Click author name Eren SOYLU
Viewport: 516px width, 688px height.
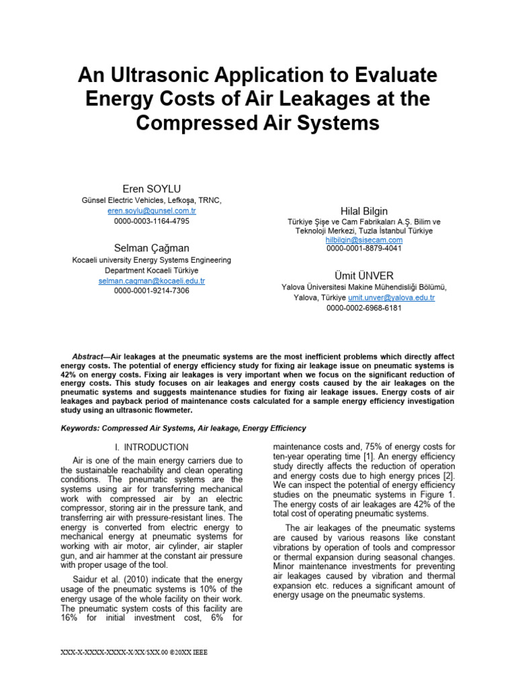151,188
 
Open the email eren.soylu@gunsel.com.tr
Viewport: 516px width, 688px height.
151,210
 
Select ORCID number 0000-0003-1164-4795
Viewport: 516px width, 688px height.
151,220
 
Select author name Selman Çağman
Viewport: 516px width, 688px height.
151,248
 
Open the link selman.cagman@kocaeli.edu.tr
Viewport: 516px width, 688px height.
151,281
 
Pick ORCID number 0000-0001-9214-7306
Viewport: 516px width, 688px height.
151,291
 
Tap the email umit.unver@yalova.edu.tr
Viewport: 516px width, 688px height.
391,298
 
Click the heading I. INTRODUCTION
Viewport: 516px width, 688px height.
151,447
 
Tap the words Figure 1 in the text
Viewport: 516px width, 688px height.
439,494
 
